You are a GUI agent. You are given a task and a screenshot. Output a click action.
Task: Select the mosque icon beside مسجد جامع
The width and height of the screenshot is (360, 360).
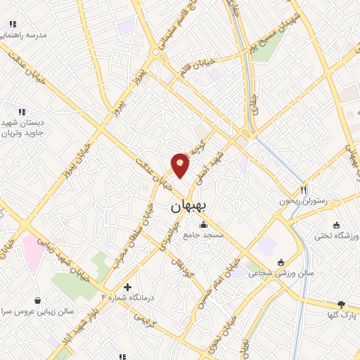click(204, 225)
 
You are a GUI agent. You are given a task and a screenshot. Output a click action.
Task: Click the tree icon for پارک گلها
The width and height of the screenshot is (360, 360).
click(341, 304)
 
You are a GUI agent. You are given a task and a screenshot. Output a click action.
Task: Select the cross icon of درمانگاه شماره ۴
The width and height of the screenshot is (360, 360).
click(127, 287)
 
